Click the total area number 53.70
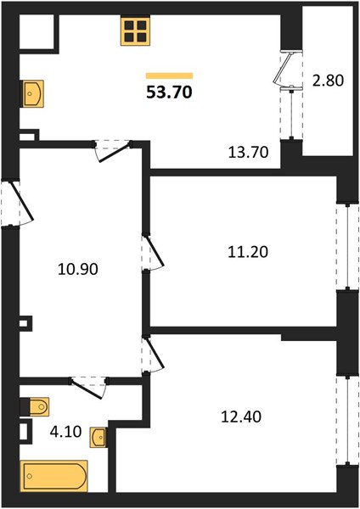pos(169,92)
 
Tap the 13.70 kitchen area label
pos(248,152)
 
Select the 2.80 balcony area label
pos(328,81)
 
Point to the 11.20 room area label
pos(248,252)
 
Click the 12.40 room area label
pos(241,417)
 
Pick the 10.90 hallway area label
pos(77,270)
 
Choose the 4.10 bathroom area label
pos(65,432)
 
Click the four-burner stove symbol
pos(136,31)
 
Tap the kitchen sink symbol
pos(32,93)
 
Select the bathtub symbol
pos(54,476)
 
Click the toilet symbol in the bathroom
pos(35,406)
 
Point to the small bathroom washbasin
pos(98,437)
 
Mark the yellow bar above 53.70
pos(169,76)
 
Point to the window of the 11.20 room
pos(347,247)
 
